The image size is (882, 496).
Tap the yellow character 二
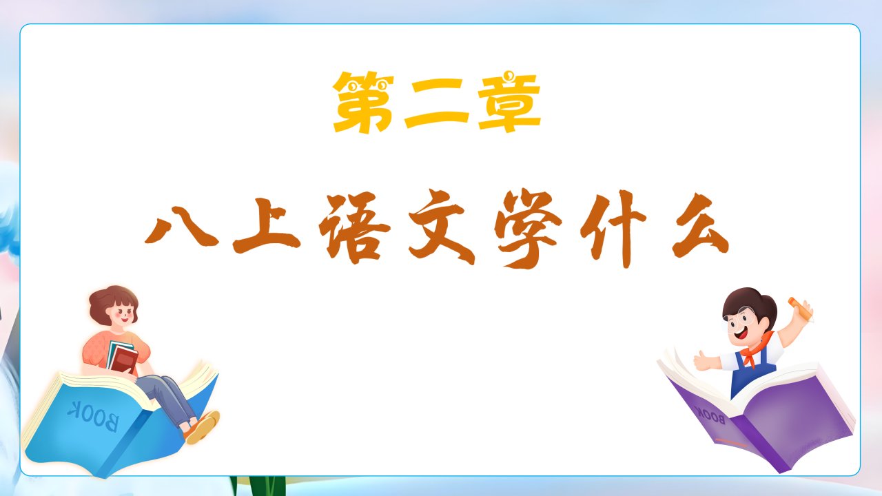(437, 103)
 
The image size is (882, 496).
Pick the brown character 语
(354, 227)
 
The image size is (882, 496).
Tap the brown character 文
(442, 227)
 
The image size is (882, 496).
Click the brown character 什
(613, 229)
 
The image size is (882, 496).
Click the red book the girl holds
(123, 358)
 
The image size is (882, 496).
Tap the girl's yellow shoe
(203, 427)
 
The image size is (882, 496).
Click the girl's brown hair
(112, 303)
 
